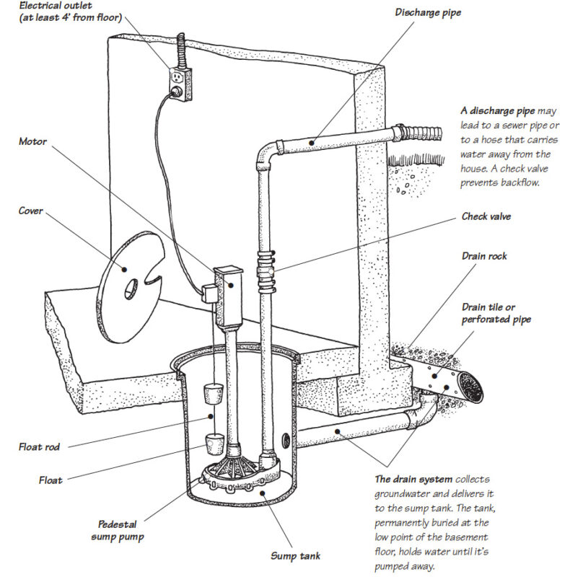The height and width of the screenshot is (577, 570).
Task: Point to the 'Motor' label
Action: pos(32,141)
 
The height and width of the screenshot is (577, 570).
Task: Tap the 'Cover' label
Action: pos(30,211)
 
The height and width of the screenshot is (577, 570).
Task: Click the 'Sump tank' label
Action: pos(296,555)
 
